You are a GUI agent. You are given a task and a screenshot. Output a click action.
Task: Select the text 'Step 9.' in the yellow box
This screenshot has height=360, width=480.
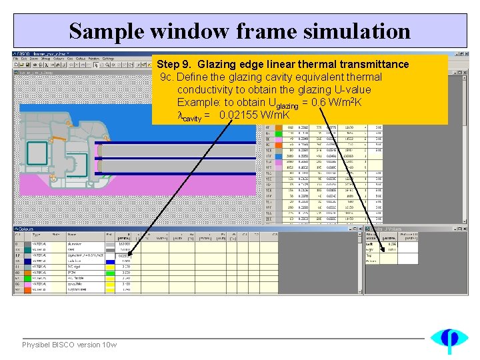175,65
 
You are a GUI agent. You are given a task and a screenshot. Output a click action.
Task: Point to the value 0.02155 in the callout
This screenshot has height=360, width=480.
242,115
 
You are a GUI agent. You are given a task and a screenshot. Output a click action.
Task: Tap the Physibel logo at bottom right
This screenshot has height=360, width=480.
449,340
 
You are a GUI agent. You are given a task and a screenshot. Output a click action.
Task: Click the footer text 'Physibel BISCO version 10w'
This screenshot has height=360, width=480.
69,345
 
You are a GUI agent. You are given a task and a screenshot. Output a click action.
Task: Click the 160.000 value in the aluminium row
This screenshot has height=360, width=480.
125,245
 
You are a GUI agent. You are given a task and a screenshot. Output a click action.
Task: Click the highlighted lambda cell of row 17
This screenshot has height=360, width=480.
125,255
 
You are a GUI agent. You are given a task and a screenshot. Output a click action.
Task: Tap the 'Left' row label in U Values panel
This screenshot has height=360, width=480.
369,244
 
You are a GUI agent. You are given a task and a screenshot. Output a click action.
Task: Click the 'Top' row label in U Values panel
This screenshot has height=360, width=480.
369,255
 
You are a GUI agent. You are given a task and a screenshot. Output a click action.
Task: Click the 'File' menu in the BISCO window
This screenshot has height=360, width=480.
17,59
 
